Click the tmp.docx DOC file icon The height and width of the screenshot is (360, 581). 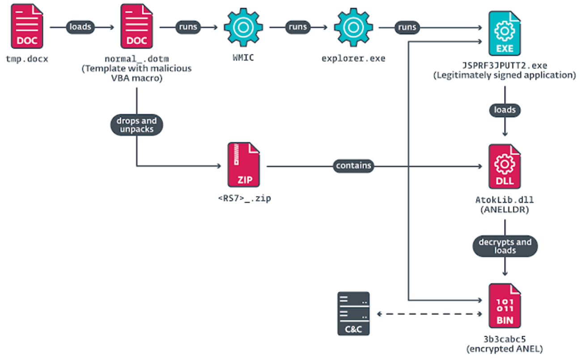(x=27, y=27)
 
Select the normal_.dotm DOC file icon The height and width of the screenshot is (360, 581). (x=136, y=27)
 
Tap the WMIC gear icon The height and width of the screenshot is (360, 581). (x=244, y=27)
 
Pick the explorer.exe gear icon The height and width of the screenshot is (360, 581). (x=353, y=27)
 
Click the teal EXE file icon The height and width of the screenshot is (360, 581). (x=505, y=33)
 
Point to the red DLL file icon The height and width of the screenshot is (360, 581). (x=505, y=166)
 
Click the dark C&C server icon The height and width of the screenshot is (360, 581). (x=353, y=313)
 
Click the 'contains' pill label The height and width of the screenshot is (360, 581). (x=353, y=166)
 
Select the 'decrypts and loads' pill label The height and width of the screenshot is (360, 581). (x=505, y=246)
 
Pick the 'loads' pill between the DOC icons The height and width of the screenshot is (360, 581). (x=81, y=27)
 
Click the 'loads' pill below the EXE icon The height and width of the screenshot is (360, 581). (x=505, y=110)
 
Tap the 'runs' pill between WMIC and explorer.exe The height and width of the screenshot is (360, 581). (x=298, y=27)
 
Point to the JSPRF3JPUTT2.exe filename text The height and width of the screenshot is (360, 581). (x=505, y=66)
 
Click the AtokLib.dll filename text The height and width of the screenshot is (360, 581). (x=505, y=199)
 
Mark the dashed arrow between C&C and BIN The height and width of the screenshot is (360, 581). (x=429, y=314)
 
